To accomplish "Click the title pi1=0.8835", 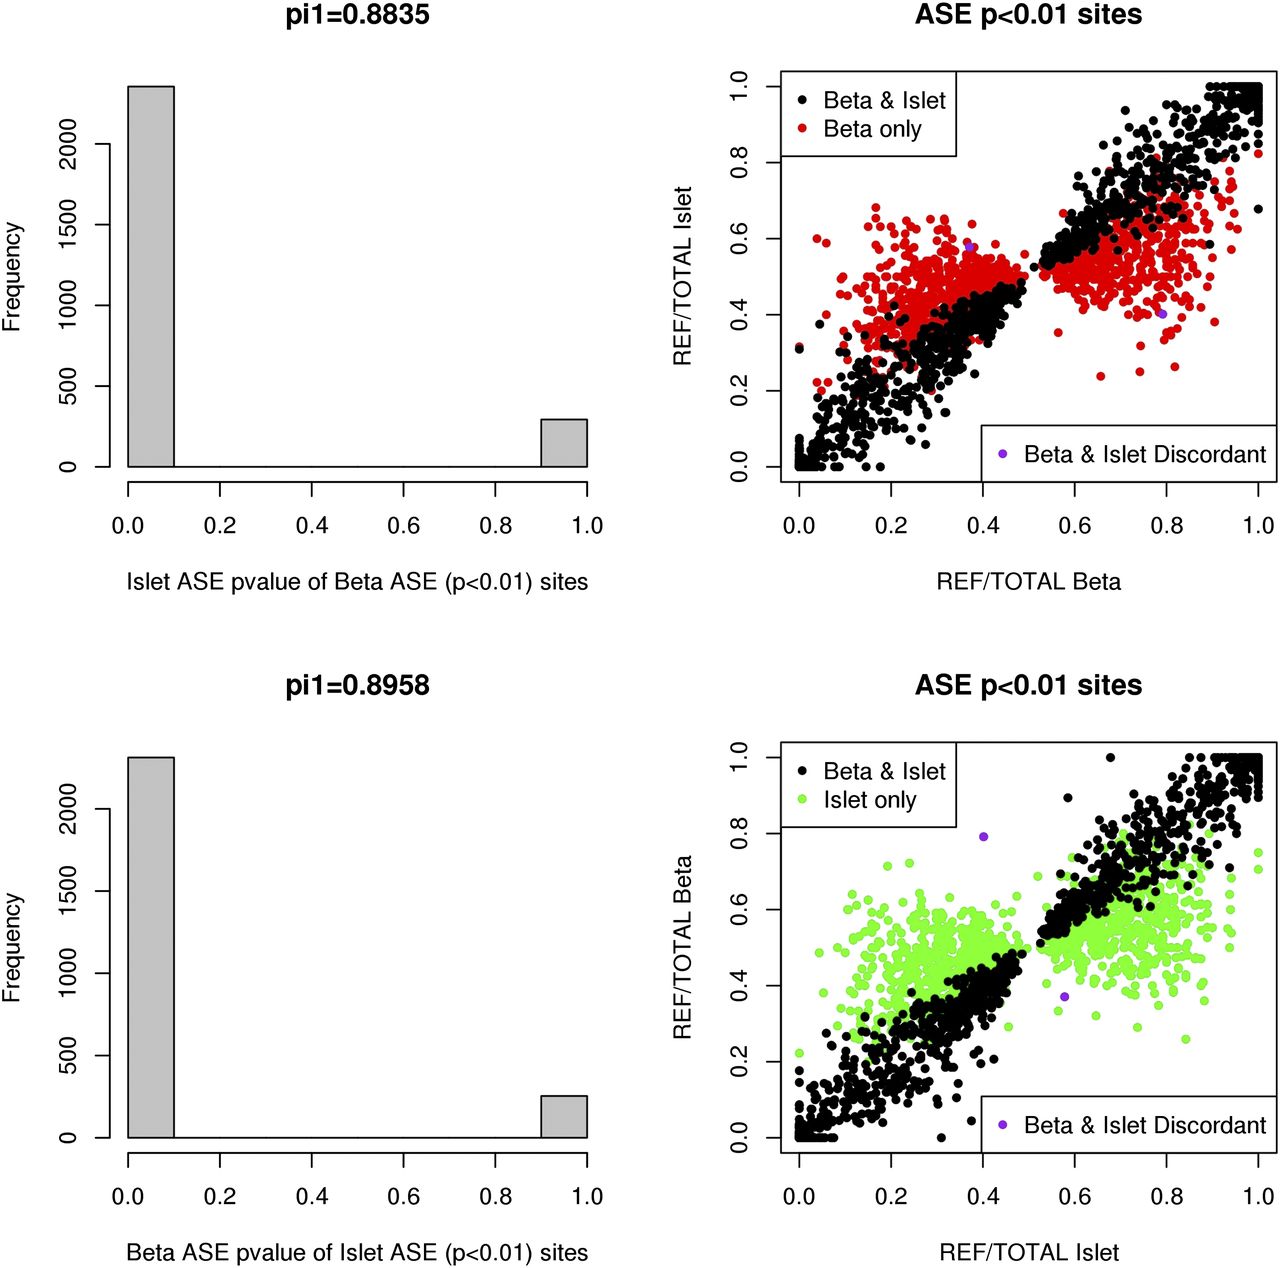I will coord(357,15).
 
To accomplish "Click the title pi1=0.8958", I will coord(357,685).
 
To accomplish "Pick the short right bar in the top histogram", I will coord(564,443).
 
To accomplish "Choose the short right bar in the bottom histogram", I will coord(564,1117).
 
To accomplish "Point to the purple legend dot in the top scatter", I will coord(1002,454).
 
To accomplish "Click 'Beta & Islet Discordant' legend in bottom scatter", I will coord(1144,1125).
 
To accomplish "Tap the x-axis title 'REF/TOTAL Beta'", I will coord(1028,581).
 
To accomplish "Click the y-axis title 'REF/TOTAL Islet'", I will coord(683,275).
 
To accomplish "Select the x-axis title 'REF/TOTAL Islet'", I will coord(1028,1252).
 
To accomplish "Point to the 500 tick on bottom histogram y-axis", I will coord(68,1056).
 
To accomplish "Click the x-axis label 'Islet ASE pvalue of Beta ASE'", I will coord(357,581).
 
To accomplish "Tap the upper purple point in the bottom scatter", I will coord(983,836).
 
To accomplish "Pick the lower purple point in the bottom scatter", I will coord(1065,997).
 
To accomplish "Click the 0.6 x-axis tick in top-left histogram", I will coord(404,525).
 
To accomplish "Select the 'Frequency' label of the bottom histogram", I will coord(12,947).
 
